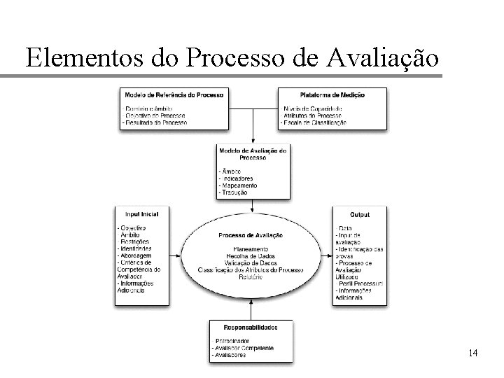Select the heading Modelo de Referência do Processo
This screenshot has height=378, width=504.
coord(174,94)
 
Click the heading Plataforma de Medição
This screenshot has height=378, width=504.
coord(332,94)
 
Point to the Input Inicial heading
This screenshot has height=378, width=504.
coord(142,214)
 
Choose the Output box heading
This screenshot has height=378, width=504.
coord(360,214)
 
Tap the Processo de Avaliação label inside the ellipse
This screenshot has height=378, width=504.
coord(250,235)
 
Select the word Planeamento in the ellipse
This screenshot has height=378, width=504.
coord(250,248)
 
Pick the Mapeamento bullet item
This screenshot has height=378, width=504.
coord(240,185)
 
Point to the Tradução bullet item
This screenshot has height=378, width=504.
coord(234,192)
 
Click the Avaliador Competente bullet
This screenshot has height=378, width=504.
coord(244,348)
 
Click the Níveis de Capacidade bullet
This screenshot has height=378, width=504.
coord(313,108)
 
